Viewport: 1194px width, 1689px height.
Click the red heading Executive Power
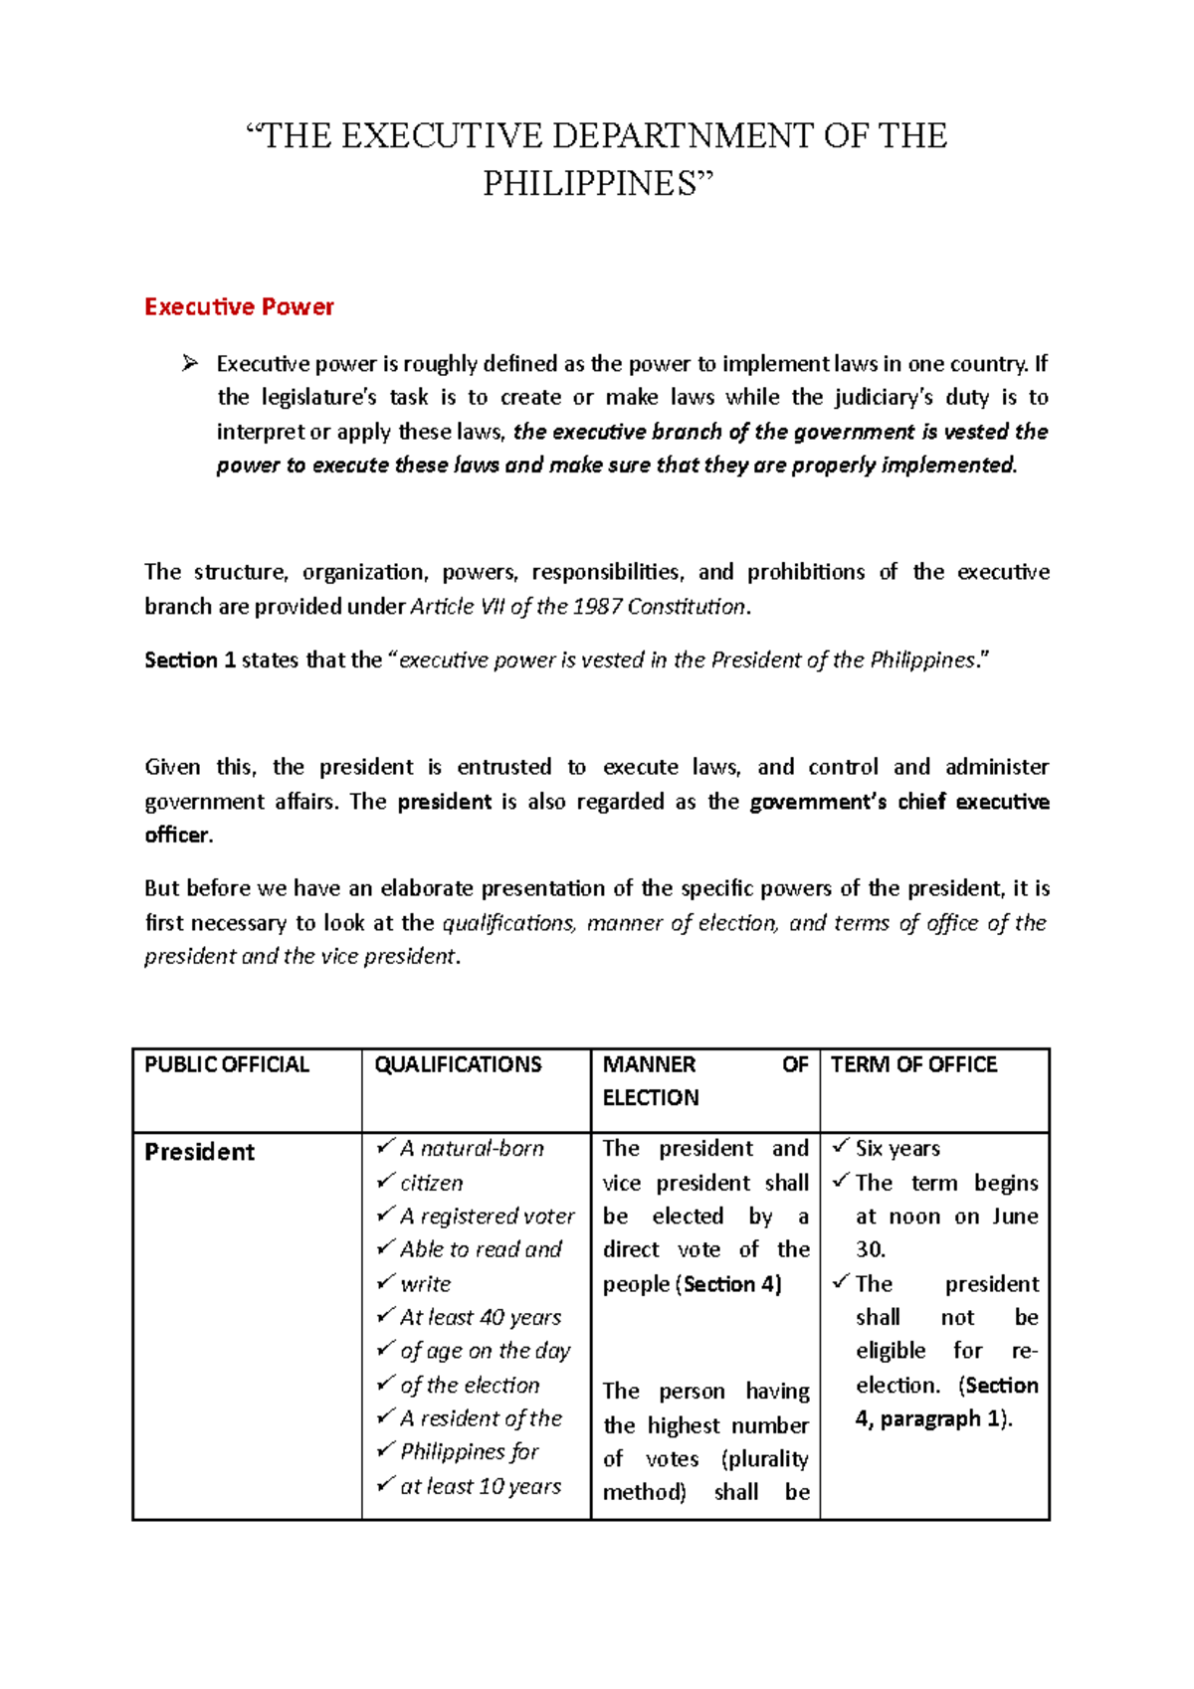pyautogui.click(x=239, y=306)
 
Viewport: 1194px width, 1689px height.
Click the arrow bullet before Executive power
pyautogui.click(x=190, y=364)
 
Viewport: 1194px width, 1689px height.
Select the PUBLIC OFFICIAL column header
pyautogui.click(x=227, y=1065)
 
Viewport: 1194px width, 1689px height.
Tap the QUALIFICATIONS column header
pyautogui.click(x=458, y=1065)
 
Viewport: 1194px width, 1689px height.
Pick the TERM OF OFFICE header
pyautogui.click(x=913, y=1065)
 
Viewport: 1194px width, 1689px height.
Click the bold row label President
pyautogui.click(x=199, y=1152)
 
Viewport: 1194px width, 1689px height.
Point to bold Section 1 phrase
pyautogui.click(x=189, y=660)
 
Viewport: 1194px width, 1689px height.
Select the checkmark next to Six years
pyautogui.click(x=841, y=1147)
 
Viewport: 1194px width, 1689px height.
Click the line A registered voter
pyautogui.click(x=487, y=1217)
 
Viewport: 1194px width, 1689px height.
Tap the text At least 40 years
pyautogui.click(x=481, y=1318)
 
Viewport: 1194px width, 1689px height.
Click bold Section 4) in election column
pyautogui.click(x=732, y=1285)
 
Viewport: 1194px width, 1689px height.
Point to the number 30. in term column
pyautogui.click(x=871, y=1249)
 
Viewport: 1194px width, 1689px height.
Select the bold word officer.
pyautogui.click(x=178, y=836)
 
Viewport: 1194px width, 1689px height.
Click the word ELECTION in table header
pyautogui.click(x=651, y=1098)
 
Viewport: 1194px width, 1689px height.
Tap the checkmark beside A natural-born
pyautogui.click(x=385, y=1147)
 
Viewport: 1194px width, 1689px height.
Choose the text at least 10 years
pyautogui.click(x=481, y=1487)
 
